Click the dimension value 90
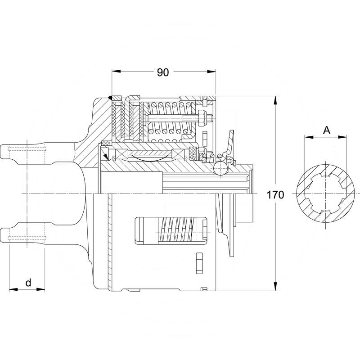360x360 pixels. click(x=162, y=72)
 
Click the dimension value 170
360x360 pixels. click(x=275, y=195)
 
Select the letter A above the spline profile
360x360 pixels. click(x=327, y=130)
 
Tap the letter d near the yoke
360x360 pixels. click(x=28, y=283)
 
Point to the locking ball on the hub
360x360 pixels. click(x=220, y=169)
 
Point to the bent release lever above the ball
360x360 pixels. click(x=230, y=144)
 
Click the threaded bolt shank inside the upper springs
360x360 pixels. click(x=171, y=119)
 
